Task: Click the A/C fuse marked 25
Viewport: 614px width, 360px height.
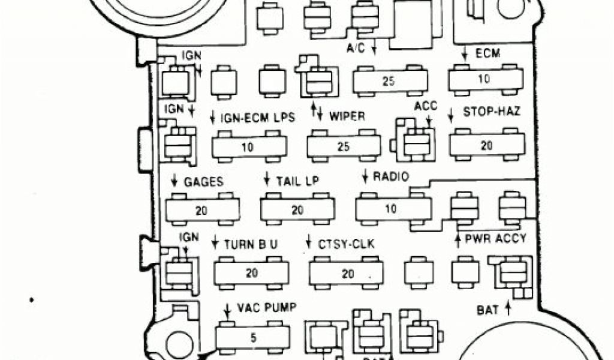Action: coord(389,81)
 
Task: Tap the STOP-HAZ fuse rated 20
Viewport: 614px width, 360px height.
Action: coord(486,146)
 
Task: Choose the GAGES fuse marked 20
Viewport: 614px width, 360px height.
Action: coord(202,210)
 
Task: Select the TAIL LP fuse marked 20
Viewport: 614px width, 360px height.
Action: coord(297,210)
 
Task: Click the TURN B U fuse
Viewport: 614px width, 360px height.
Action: coord(251,273)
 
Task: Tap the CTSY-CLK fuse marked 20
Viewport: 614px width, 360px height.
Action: coord(347,274)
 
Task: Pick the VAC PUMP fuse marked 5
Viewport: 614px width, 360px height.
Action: coord(252,338)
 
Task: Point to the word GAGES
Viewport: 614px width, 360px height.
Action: coord(204,181)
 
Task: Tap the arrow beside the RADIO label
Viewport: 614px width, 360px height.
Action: coord(365,176)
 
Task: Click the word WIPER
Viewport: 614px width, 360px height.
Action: coord(347,116)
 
